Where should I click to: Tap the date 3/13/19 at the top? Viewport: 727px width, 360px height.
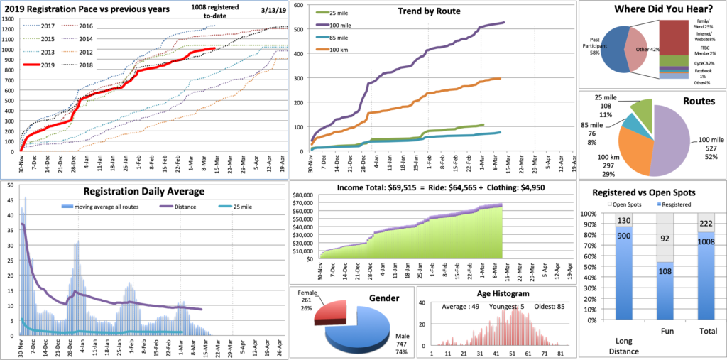tap(253, 10)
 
